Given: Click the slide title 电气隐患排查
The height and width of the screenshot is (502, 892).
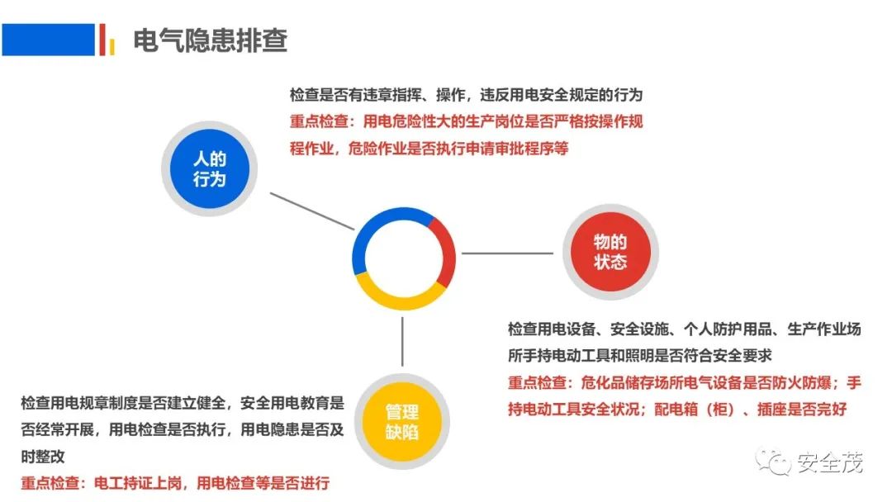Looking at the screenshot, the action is coord(210,40).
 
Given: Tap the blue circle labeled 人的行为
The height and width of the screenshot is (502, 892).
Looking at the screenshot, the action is coord(209,169).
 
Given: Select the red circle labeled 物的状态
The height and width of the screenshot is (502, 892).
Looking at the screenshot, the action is coord(610,252).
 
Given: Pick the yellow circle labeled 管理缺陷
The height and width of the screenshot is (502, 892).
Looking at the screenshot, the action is coord(402,422).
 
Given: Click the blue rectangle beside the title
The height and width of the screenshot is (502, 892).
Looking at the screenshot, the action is coord(49,40).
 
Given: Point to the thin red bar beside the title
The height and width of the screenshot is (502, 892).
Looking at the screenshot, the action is coord(102,40).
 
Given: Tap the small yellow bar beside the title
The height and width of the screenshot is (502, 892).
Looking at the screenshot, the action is coord(112,46).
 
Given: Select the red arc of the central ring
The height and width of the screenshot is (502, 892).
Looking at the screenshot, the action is coord(444,253).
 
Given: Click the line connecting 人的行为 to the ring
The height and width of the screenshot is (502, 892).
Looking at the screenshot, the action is coord(311,211).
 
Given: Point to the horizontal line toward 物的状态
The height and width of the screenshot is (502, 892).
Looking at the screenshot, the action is coord(507,253).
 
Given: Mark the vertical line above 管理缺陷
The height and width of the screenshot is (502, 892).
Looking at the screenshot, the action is coord(402,341).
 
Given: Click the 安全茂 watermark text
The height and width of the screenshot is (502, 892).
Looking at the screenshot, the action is coord(830,462).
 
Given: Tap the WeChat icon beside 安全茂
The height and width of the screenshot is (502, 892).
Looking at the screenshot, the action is coord(773,461).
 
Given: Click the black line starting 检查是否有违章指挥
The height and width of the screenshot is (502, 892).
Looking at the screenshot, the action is coord(466,95).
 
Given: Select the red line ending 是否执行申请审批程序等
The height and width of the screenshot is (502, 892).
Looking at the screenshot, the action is coord(429,149).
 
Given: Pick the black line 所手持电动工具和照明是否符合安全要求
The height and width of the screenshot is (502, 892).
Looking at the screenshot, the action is coord(639,356).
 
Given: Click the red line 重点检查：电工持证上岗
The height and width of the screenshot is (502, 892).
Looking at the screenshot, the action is coord(175,483).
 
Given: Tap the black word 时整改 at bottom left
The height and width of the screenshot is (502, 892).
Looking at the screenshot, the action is coord(43,457).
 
